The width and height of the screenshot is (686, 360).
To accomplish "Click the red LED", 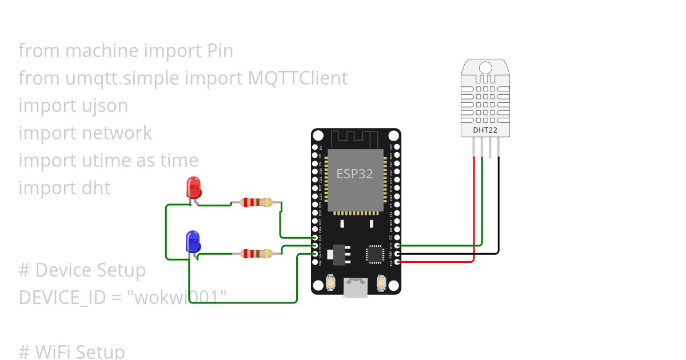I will pos(193,188).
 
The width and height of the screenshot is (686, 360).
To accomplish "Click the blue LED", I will pos(193,242).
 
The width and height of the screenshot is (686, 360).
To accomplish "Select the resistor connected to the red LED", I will pos(256,202).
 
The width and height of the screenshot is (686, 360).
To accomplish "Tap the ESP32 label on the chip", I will pos(354,174).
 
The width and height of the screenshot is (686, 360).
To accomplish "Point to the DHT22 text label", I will pos(485,130).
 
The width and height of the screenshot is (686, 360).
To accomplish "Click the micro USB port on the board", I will pos(356,287).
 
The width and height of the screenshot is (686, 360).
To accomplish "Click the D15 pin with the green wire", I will pos(397,246).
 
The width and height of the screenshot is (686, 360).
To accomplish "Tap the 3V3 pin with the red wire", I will pos(397,262).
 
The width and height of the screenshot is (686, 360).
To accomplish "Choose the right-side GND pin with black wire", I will pos(397,254).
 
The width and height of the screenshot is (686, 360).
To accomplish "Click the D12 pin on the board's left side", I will pos(315,238).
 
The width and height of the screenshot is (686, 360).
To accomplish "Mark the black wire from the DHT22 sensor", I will pos(499,206).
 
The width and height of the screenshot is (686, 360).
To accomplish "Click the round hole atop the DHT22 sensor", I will pos(485,67).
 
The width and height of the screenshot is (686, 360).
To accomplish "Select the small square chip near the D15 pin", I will pos(375,254).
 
